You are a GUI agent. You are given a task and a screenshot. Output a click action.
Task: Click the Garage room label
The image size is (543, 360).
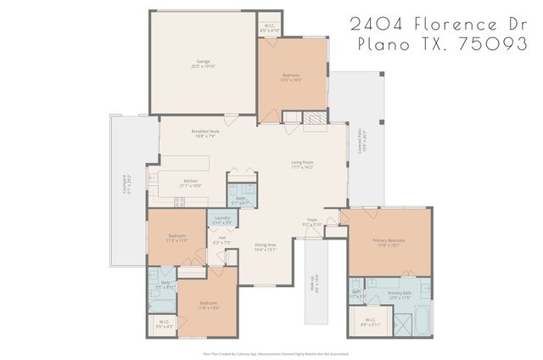click(x=203, y=64)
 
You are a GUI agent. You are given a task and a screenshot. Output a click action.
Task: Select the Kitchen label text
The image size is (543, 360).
click(x=192, y=183)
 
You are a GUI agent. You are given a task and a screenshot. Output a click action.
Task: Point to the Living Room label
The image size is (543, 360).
click(x=302, y=164)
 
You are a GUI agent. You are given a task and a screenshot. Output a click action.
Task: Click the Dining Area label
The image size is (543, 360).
click(x=266, y=247)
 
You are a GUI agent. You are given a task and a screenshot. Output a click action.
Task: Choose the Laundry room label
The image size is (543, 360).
click(x=222, y=221)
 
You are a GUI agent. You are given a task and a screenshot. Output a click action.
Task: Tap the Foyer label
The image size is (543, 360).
click(x=312, y=222)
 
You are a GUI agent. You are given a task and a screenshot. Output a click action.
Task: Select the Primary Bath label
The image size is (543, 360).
click(x=400, y=295)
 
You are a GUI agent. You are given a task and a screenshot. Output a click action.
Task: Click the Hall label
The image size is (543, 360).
click(x=221, y=240)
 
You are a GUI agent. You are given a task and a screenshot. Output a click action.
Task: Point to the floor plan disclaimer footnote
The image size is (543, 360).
click(x=275, y=353)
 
